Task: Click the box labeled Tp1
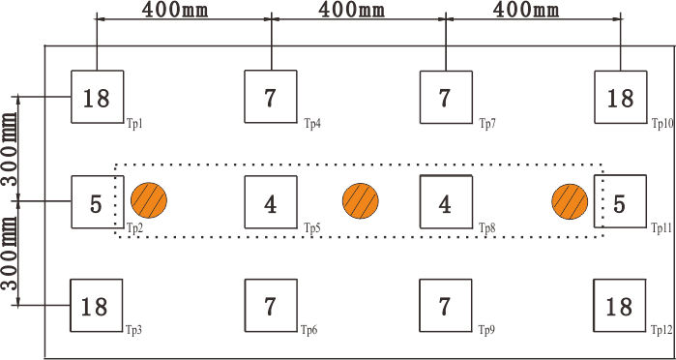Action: point(97,97)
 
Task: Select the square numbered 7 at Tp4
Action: point(271,97)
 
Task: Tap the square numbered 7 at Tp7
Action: point(445,97)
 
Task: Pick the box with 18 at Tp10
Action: point(619,97)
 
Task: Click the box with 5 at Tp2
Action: point(97,202)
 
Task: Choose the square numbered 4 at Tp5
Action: point(271,202)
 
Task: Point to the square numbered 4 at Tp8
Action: point(445,202)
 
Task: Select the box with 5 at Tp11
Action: point(619,202)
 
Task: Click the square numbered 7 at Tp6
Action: point(271,306)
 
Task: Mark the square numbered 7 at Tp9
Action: point(445,306)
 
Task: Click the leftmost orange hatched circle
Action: point(150,201)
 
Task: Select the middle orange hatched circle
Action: point(360,201)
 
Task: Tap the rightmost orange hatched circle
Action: point(571,201)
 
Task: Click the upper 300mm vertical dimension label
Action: point(11,151)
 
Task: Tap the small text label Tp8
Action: point(487,229)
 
